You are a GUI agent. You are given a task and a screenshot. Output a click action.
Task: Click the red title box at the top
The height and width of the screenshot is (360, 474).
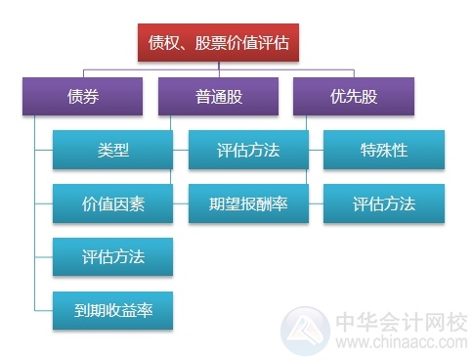tap(218, 43)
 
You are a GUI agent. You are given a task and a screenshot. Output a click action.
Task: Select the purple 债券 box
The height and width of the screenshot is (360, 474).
tap(83, 97)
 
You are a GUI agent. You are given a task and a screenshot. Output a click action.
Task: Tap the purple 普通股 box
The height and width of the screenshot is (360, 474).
tap(219, 97)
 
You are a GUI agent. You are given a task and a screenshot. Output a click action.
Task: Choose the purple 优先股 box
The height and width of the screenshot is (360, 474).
tap(354, 97)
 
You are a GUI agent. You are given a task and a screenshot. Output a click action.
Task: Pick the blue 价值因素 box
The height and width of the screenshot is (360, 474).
tap(113, 203)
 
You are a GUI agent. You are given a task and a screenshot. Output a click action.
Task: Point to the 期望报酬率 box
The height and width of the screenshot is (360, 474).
tap(248, 203)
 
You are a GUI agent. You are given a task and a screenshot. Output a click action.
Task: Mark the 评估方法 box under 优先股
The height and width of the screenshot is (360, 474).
tap(384, 203)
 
